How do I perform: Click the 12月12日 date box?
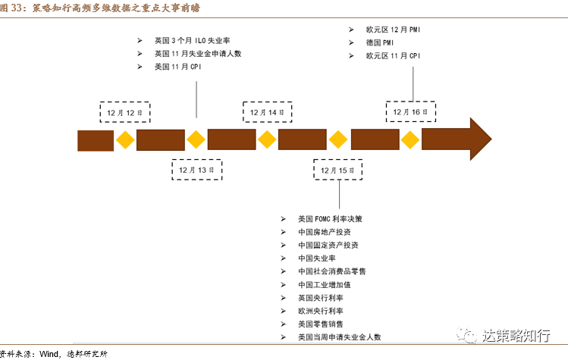pos(124,112)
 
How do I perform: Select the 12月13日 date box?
pos(196,170)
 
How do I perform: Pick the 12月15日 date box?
pos(338,170)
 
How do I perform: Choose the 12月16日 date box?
pos(410,112)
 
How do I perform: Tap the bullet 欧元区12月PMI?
pos(392,29)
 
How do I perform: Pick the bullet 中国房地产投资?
pos(325,232)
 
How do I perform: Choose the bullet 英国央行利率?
pos(321,298)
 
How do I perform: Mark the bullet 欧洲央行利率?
pos(321,311)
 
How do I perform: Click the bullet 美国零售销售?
pos(321,324)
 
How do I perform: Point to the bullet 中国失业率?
pos(317,258)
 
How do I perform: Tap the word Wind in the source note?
pos(49,354)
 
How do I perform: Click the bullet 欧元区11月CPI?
pos(392,56)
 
